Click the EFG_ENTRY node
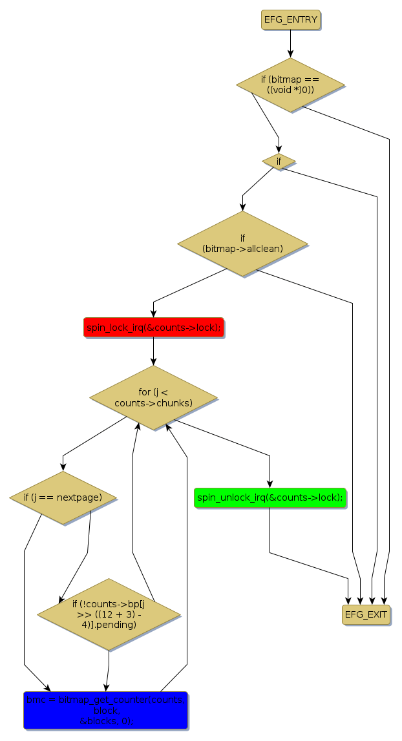point(291,19)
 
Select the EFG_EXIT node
point(366,614)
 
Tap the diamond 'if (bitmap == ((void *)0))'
point(290,85)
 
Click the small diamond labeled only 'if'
point(279,161)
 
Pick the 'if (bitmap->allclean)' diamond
point(242,243)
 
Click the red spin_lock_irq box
point(153,328)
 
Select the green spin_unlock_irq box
point(270,497)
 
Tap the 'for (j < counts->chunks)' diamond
point(153,397)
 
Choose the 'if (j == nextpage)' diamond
point(63,497)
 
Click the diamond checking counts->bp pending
point(109,614)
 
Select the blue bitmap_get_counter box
point(105,710)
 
